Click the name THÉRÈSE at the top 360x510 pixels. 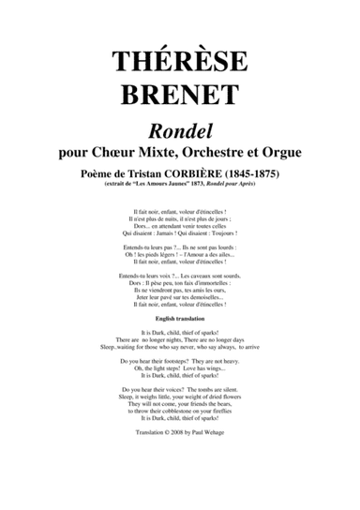point(180,60)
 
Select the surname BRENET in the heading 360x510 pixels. point(180,95)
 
